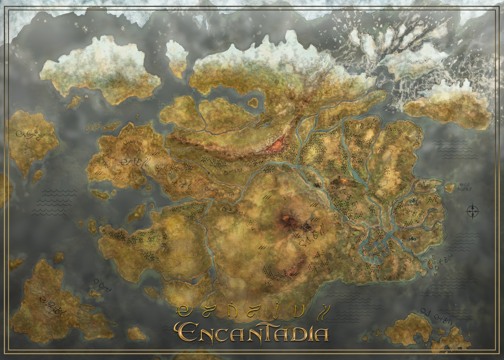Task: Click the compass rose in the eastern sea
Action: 473,211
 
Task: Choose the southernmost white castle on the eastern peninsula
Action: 412,238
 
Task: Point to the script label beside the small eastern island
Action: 465,187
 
